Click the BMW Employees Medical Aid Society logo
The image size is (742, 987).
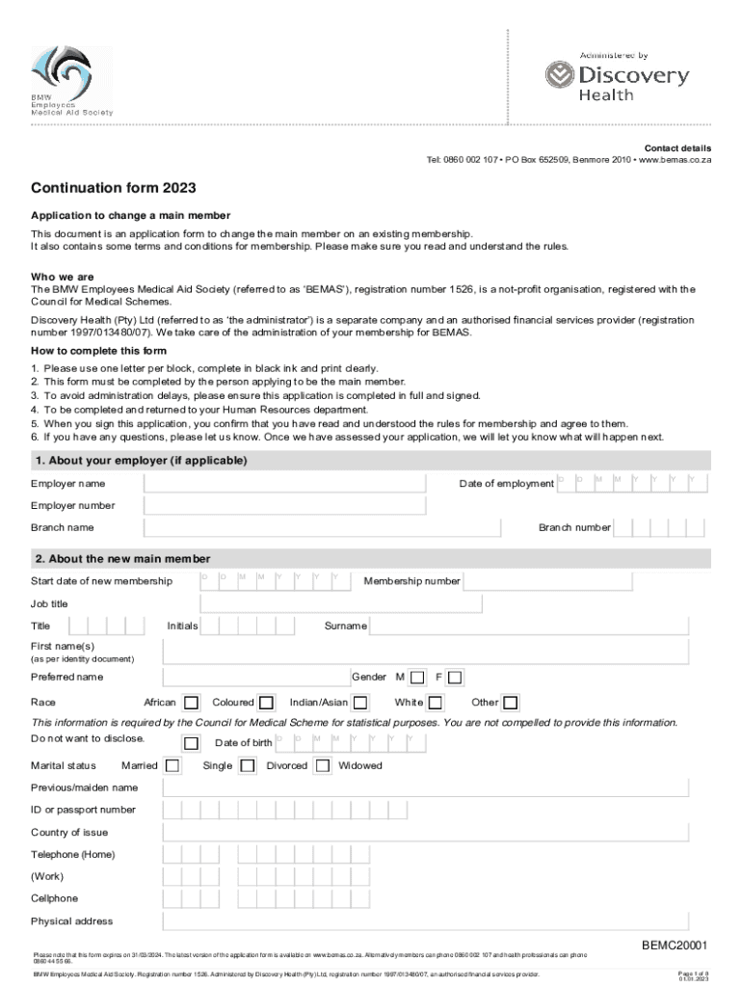[x=71, y=82]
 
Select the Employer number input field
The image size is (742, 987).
[x=284, y=506]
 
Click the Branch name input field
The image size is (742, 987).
[x=322, y=528]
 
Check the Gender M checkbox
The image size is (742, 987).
[x=417, y=678]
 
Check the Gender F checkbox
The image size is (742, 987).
[x=455, y=678]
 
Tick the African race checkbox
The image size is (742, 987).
[x=192, y=703]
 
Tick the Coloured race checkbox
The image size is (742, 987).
[x=267, y=703]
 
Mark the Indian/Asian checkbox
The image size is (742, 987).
[x=360, y=703]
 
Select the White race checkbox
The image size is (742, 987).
[x=436, y=703]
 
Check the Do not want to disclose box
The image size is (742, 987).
[x=192, y=743]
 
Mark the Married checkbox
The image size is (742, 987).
[x=172, y=766]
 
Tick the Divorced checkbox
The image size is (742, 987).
[x=323, y=766]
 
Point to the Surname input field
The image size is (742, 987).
[x=529, y=627]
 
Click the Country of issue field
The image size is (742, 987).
[x=426, y=833]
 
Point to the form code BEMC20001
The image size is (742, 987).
[x=676, y=945]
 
